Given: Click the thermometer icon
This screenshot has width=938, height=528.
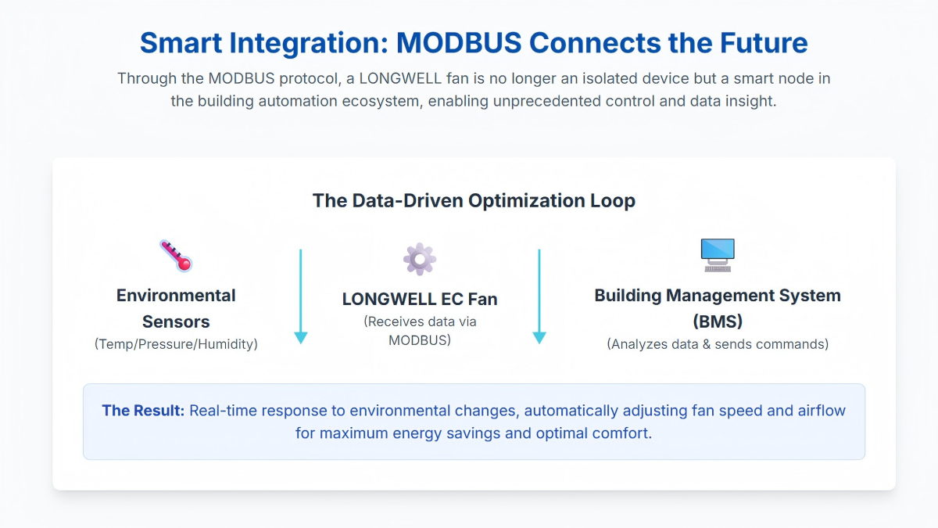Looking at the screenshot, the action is [176, 256].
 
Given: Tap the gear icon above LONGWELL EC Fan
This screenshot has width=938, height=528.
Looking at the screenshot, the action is [420, 259].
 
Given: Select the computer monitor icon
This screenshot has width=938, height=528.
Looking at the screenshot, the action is [718, 255].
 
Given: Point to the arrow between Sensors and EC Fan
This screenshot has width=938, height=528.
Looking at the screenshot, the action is [301, 296].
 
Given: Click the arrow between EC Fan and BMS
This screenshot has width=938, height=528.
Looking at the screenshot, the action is [539, 296].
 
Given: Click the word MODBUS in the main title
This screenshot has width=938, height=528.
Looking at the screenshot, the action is [459, 43].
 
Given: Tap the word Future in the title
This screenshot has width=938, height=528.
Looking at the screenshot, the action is [764, 43].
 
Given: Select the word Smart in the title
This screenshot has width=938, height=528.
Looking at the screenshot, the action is [181, 43].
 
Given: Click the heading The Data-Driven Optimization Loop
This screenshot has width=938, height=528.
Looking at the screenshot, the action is [474, 201].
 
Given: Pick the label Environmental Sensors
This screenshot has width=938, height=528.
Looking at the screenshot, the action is [176, 308].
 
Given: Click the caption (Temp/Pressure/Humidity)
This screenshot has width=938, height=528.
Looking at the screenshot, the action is [176, 344].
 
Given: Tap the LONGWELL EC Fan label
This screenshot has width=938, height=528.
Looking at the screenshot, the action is [420, 299].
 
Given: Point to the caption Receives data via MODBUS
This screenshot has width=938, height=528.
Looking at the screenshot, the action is [420, 331].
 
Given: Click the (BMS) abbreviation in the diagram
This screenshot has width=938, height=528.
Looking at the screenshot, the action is [718, 321].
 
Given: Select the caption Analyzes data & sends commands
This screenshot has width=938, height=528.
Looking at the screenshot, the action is [718, 344].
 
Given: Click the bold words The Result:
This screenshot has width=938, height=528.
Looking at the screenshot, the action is [143, 411].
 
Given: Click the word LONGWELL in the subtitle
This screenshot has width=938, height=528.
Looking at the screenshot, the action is [400, 79].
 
